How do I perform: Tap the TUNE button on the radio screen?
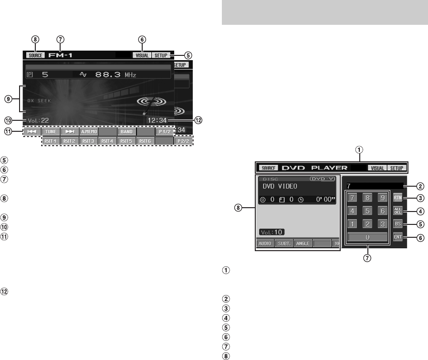pyautogui.click(x=50, y=130)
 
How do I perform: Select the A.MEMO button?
pyautogui.click(x=88, y=130)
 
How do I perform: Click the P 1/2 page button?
pyautogui.click(x=164, y=130)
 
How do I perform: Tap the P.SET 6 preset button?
pyautogui.click(x=145, y=141)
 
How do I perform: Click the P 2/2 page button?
pyautogui.click(x=183, y=141)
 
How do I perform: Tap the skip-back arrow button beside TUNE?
pyautogui.click(x=31, y=130)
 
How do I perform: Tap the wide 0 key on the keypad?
pyautogui.click(x=367, y=237)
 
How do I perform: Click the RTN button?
pyautogui.click(x=398, y=197)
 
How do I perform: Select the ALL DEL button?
pyautogui.click(x=398, y=211)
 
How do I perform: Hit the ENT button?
pyautogui.click(x=398, y=236)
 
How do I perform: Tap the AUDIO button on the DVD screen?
pyautogui.click(x=266, y=243)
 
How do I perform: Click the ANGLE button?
pyautogui.click(x=303, y=243)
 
